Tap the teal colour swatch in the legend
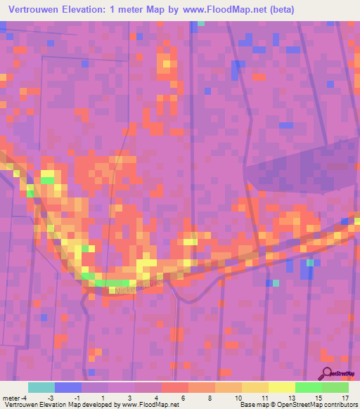(x=41, y=387)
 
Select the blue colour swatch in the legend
(x=68, y=387)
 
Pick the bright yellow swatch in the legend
(x=282, y=387)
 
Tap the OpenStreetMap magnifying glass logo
(x=328, y=375)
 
